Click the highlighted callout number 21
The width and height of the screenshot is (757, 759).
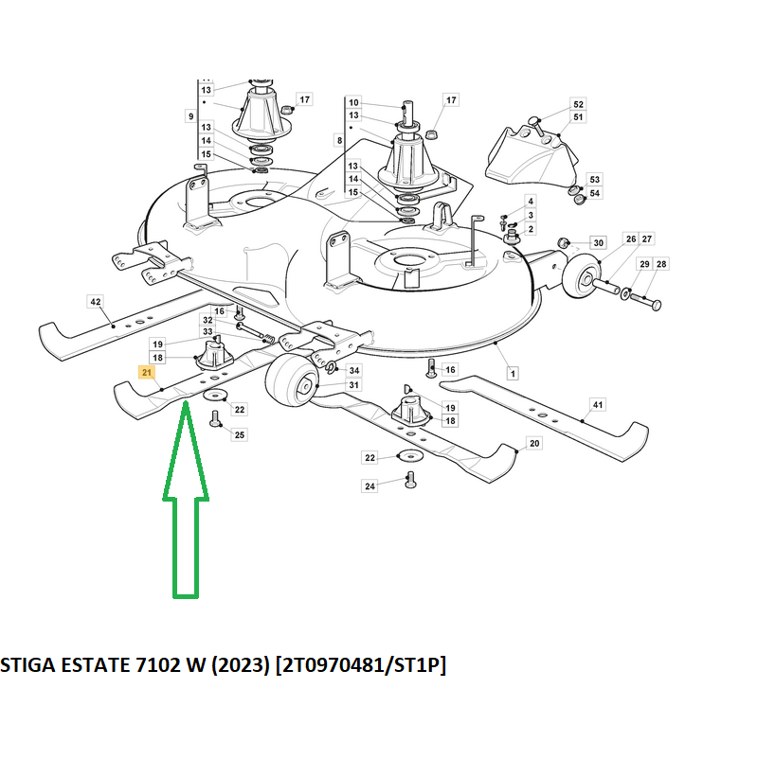pyautogui.click(x=147, y=372)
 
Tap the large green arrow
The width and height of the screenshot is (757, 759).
pyautogui.click(x=186, y=499)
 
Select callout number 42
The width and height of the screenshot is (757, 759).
pyautogui.click(x=96, y=302)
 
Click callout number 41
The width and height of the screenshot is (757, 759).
pyautogui.click(x=598, y=405)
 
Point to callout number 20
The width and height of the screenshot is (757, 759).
pyautogui.click(x=534, y=444)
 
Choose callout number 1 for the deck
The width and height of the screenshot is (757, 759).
pyautogui.click(x=513, y=373)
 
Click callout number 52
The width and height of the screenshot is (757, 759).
pyautogui.click(x=578, y=104)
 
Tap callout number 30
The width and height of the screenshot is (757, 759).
pyautogui.click(x=599, y=243)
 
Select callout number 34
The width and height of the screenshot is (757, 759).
pyautogui.click(x=354, y=370)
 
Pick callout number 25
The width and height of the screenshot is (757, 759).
pyautogui.click(x=240, y=434)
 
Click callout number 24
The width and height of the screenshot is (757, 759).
pyautogui.click(x=369, y=486)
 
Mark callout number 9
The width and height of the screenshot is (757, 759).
pyautogui.click(x=191, y=116)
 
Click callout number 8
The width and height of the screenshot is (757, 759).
pyautogui.click(x=339, y=140)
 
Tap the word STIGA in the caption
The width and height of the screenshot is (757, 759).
pyautogui.click(x=28, y=664)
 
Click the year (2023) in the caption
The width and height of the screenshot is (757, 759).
pyautogui.click(x=240, y=665)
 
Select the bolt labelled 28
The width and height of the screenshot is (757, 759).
pyautogui.click(x=644, y=302)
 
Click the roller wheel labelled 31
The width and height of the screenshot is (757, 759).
pyautogui.click(x=292, y=379)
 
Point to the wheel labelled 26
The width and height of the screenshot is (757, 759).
pyautogui.click(x=581, y=276)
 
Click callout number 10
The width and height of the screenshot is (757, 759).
pyautogui.click(x=353, y=102)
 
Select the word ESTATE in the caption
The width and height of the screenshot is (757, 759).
pyautogui.click(x=96, y=664)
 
